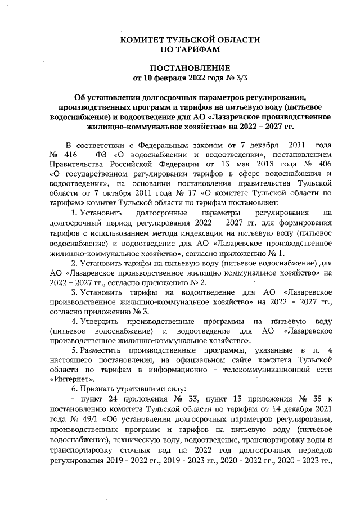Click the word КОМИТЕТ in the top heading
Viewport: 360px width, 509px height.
click(x=145, y=40)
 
